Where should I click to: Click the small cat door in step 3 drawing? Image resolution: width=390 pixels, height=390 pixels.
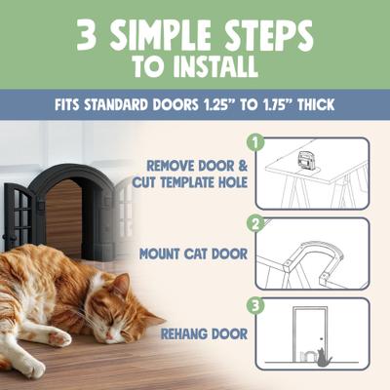[x=314, y=356]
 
